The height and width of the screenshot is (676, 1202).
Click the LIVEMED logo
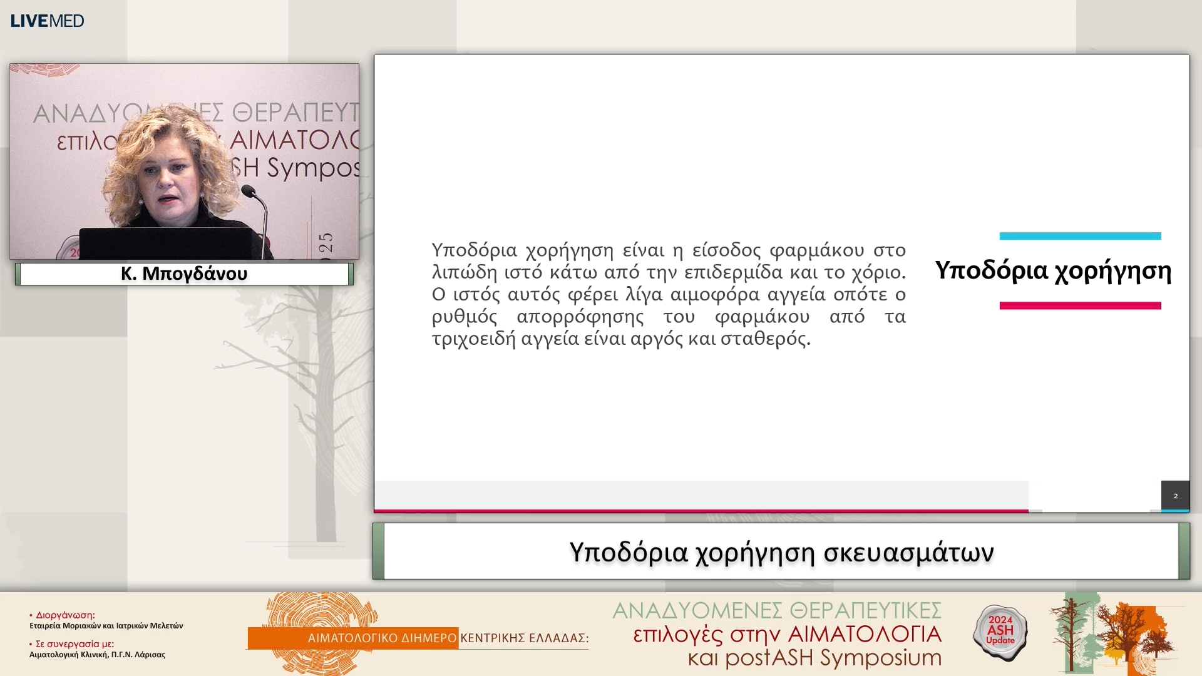pos(47,21)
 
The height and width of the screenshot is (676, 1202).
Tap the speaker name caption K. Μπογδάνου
pos(184,274)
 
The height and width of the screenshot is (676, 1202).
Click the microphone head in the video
pos(249,190)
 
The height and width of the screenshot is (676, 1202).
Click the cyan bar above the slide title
pos(1080,236)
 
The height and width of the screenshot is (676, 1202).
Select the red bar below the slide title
pos(1080,305)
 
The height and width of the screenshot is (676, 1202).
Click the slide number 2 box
pos(1175,496)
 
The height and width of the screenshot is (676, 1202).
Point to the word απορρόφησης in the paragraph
pos(580,317)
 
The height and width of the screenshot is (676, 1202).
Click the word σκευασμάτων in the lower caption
pos(908,552)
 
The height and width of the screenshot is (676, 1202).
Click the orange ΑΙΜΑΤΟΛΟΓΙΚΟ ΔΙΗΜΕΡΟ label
pos(382,638)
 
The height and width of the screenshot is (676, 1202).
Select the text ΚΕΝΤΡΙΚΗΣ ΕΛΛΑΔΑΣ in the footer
pos(524,638)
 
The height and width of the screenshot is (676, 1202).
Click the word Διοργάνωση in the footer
pos(65,615)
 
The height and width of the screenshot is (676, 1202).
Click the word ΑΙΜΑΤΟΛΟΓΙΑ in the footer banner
pos(865,634)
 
